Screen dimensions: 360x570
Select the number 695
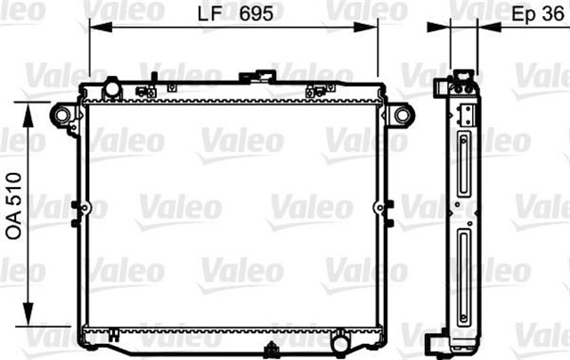(256, 15)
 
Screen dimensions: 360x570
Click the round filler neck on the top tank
(113, 88)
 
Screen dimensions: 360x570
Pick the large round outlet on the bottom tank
(340, 340)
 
